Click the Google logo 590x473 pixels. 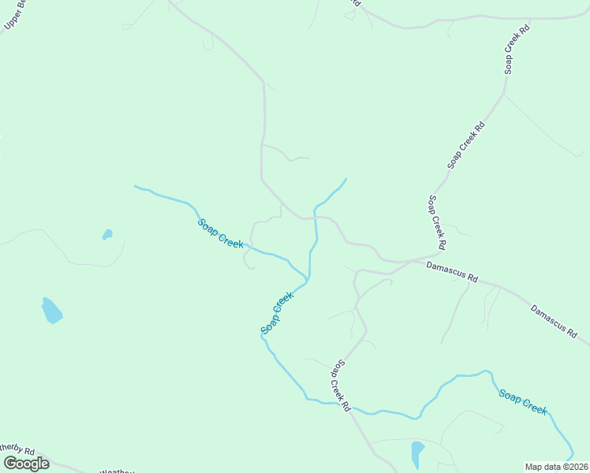pyautogui.click(x=25, y=463)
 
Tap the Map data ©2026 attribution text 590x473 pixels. pyautogui.click(x=556, y=466)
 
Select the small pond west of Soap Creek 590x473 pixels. pyautogui.click(x=106, y=234)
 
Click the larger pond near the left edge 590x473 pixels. pyautogui.click(x=51, y=311)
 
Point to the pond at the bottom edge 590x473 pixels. pyautogui.click(x=417, y=454)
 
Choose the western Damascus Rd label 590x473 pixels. pyautogui.click(x=452, y=272)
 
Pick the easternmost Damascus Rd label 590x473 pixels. pyautogui.click(x=555, y=321)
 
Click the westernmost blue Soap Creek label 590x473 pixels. pyautogui.click(x=220, y=233)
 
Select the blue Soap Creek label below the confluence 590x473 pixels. pyautogui.click(x=277, y=313)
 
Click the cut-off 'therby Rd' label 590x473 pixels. pyautogui.click(x=17, y=451)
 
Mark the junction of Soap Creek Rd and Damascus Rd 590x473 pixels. pyautogui.click(x=439, y=255)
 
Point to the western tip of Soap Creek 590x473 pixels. pyautogui.click(x=136, y=187)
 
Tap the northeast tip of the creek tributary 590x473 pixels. pyautogui.click(x=345, y=179)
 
